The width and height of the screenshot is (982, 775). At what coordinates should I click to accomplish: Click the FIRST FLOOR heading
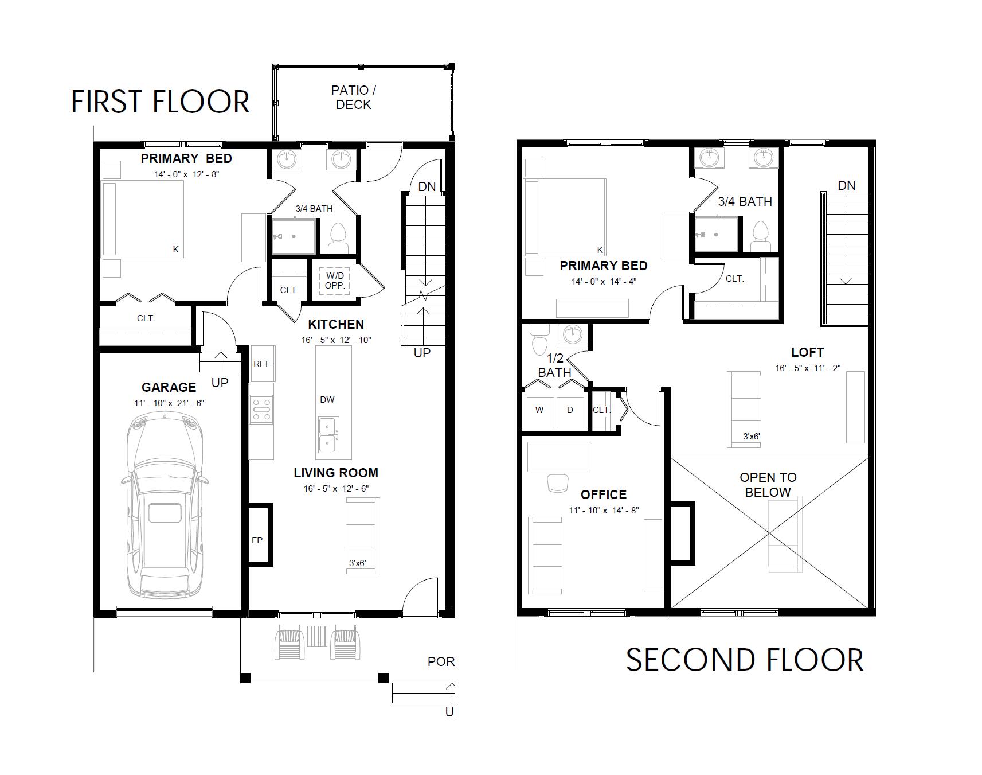pos(160,102)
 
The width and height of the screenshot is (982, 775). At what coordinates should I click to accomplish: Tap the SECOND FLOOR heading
pos(744,660)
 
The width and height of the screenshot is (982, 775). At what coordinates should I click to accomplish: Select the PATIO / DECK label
pos(354,98)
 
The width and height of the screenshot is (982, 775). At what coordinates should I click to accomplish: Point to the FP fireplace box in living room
pos(257,539)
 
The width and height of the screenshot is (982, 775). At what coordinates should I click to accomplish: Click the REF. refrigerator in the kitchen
pos(263,364)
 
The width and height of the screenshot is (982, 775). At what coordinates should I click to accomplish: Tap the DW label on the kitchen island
pos(327,400)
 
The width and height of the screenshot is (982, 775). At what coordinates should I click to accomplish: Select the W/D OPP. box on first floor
pos(334,281)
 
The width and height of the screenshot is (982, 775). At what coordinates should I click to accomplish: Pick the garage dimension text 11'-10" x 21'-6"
pos(169,403)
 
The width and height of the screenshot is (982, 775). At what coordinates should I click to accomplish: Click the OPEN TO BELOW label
pos(768,485)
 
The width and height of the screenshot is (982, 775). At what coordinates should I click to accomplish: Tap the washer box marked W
pos(539,411)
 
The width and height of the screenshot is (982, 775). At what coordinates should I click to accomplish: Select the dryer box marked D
pos(570,411)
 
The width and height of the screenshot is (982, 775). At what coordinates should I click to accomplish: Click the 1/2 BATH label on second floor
pos(554,365)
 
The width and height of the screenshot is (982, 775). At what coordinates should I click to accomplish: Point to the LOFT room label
pos(807,352)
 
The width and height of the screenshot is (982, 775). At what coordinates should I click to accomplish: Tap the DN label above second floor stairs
pos(846,185)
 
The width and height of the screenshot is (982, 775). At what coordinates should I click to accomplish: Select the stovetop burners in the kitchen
pos(261,411)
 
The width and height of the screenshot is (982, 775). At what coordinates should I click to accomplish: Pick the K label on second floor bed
pos(600,250)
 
